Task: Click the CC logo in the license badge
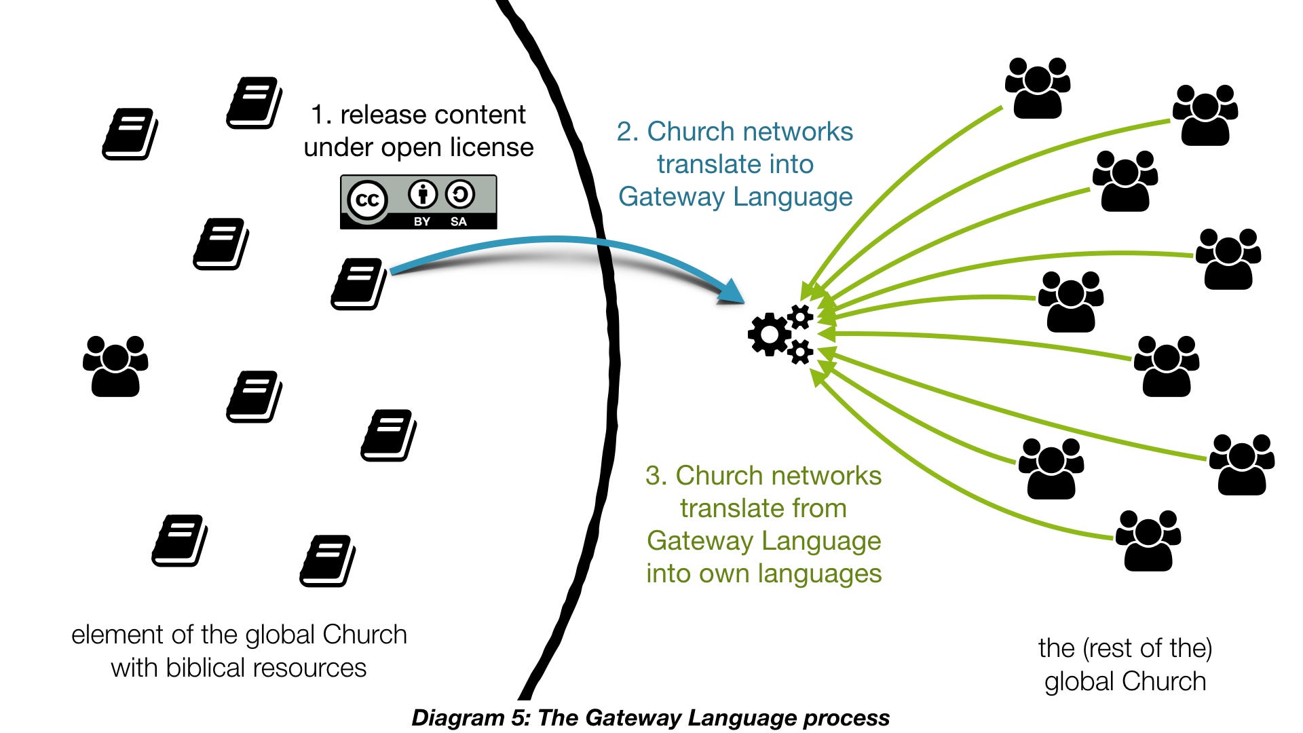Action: point(367,200)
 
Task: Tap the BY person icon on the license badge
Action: point(422,195)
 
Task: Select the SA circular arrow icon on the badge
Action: point(460,195)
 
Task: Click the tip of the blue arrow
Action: point(741,299)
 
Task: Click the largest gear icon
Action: point(769,334)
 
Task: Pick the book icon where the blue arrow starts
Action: point(358,284)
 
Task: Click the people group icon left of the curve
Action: point(115,366)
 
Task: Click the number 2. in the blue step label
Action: point(628,132)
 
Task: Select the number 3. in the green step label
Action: point(656,476)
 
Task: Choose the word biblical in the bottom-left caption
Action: point(208,668)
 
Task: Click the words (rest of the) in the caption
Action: point(1148,648)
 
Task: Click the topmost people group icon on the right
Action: point(1037,88)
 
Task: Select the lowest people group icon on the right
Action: point(1148,541)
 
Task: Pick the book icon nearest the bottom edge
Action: point(328,561)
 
